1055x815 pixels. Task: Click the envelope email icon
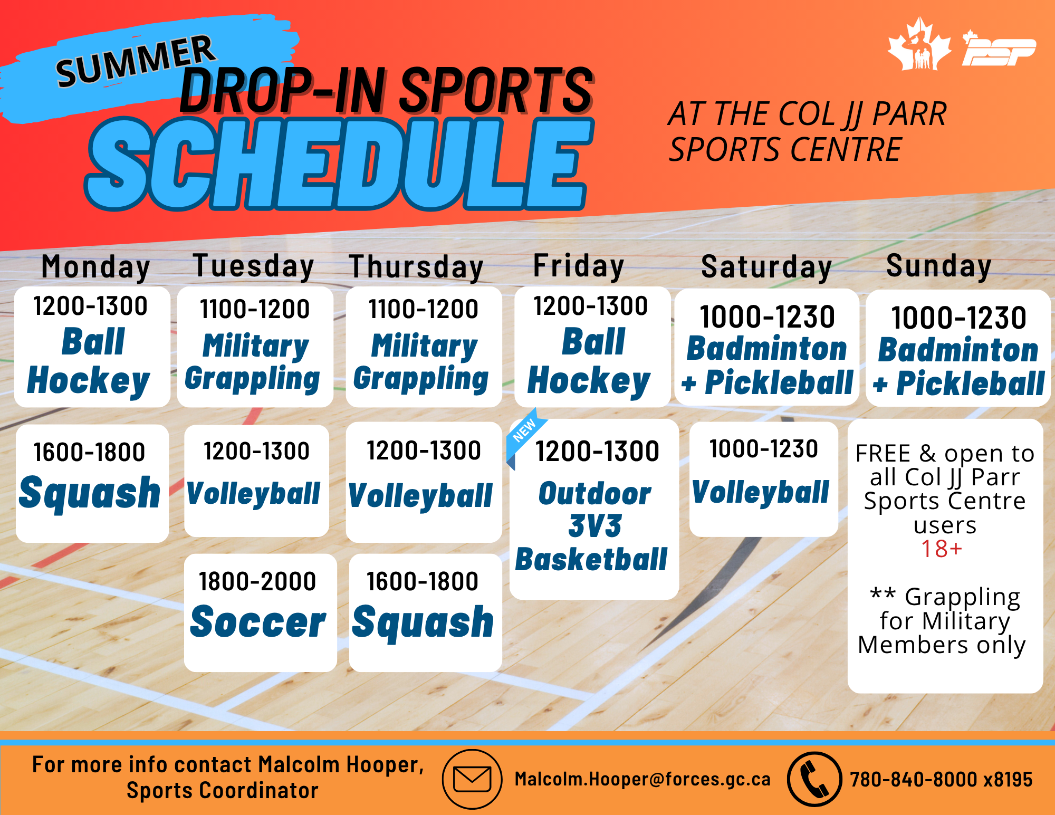pos(472,779)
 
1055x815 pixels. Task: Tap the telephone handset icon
pos(814,779)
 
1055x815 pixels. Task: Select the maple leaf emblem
pos(919,44)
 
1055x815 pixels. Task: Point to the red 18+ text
pos(942,549)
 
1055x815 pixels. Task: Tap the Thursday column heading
pos(416,266)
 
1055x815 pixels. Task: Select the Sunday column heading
pos(939,265)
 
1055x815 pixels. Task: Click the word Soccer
pos(258,622)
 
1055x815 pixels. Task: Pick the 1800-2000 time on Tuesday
pos(257,581)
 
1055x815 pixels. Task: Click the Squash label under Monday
pos(90,493)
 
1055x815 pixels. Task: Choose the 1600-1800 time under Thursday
pos(423,581)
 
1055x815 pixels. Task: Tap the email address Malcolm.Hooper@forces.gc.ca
pos(642,779)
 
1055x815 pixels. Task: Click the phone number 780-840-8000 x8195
pos(941,779)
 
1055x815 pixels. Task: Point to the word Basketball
pos(591,559)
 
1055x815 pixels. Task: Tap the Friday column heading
pos(579,265)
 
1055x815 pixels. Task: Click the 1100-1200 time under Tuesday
pos(255,309)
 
